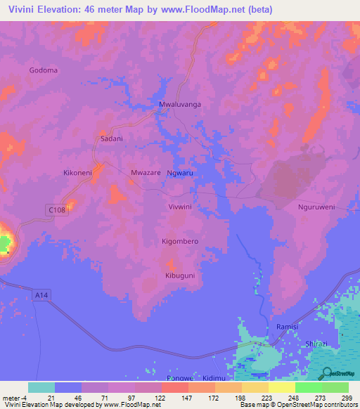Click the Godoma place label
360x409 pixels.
[44, 70]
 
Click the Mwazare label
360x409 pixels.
[146, 172]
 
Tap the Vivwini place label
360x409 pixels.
[180, 207]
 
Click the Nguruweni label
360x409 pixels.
[316, 207]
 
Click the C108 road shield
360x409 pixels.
[58, 210]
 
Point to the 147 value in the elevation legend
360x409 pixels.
[175, 398]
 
